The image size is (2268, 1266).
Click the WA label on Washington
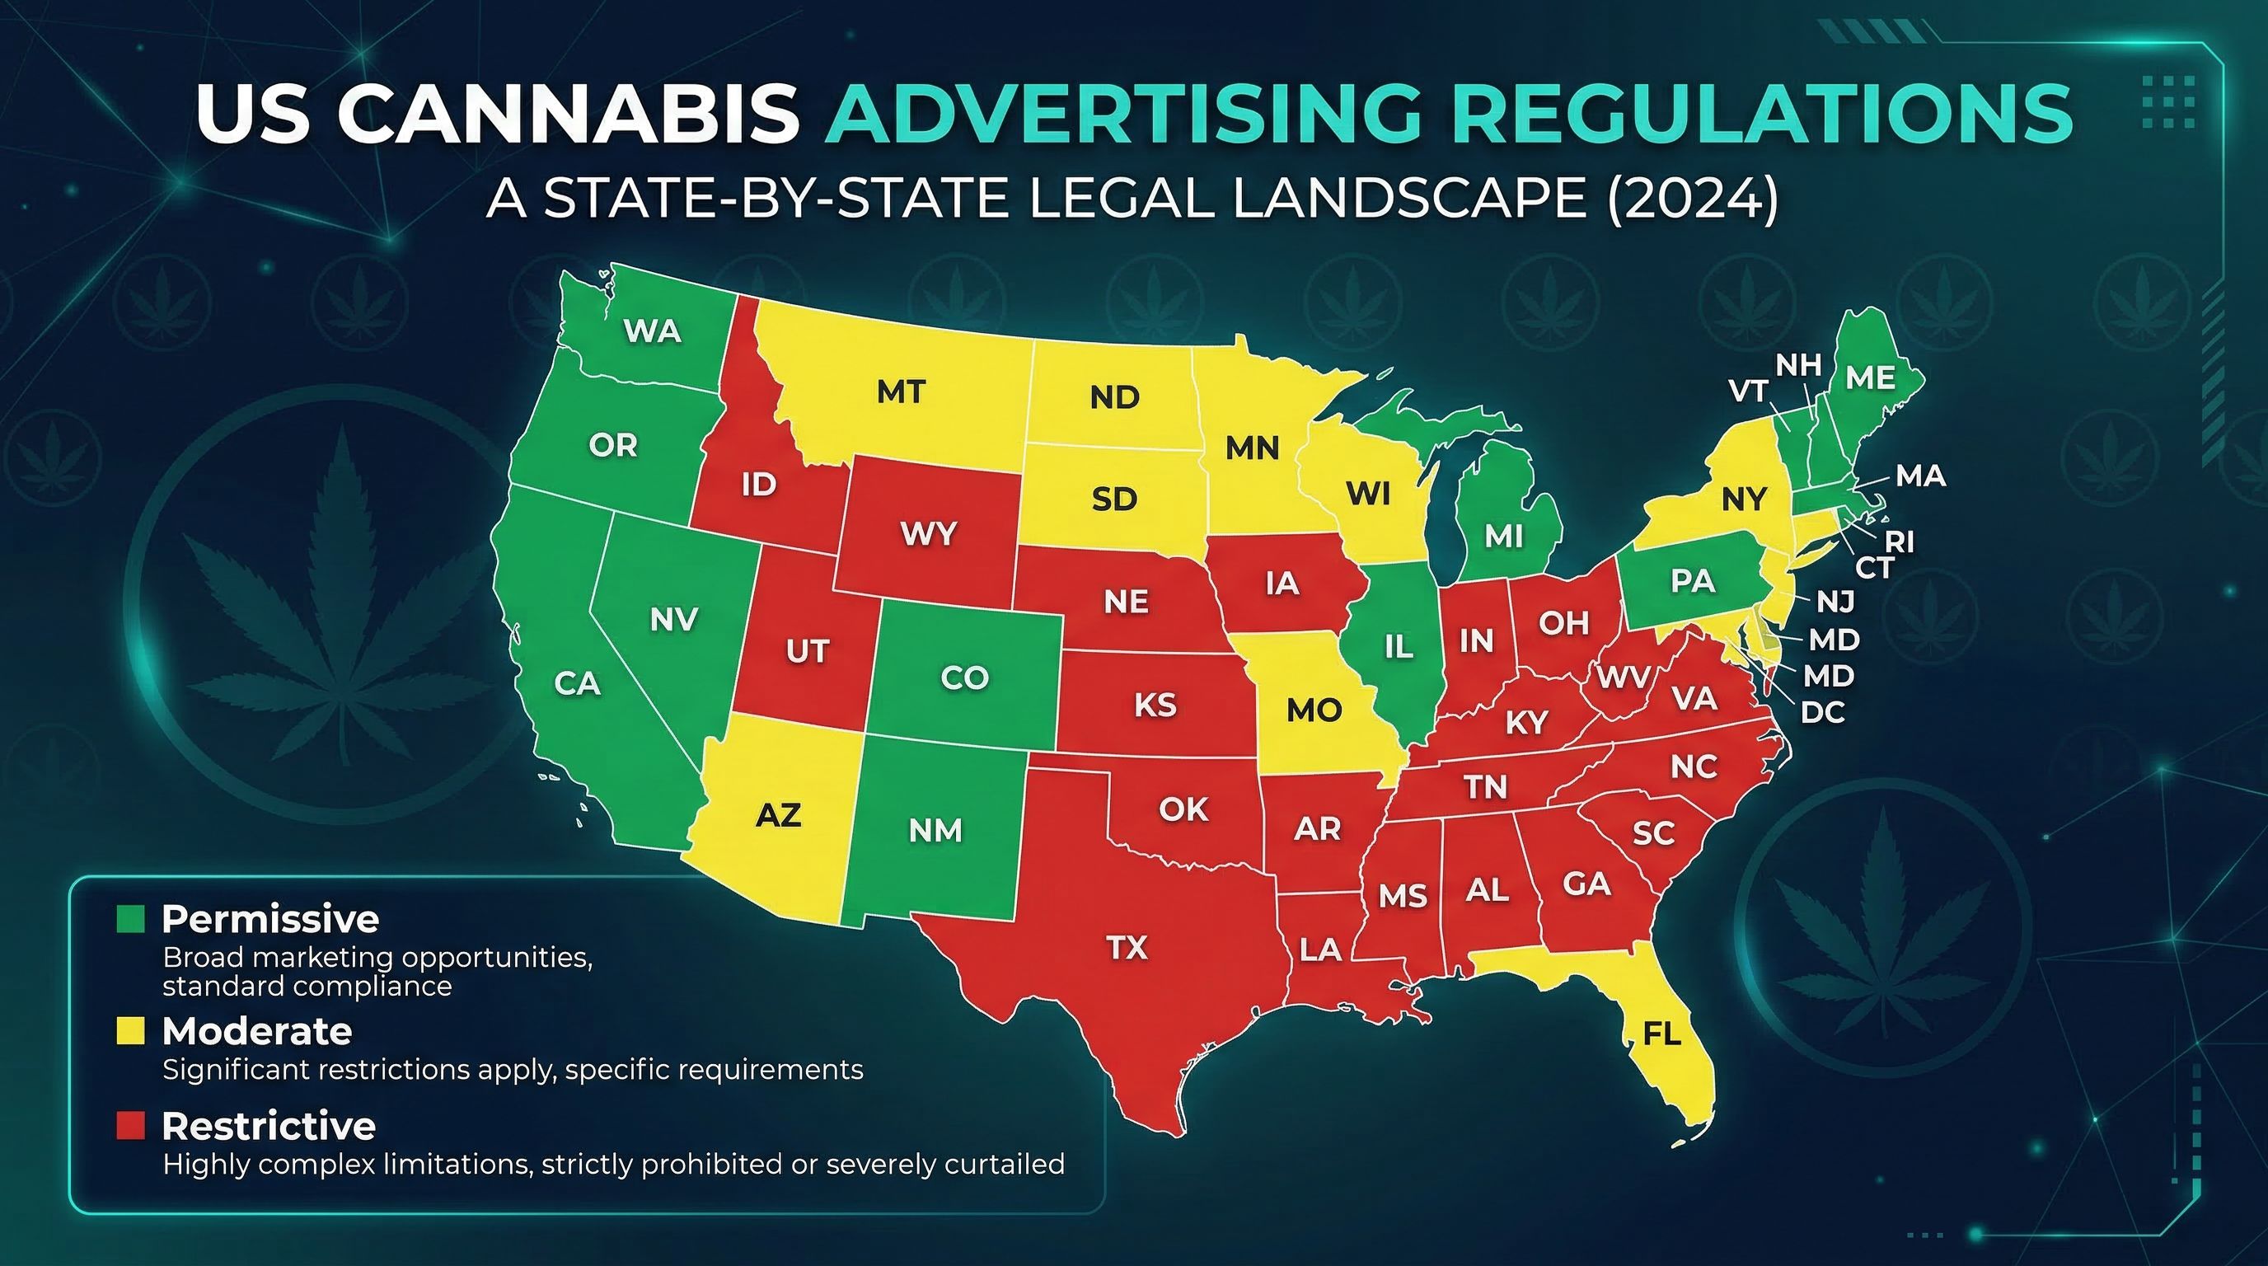pos(653,331)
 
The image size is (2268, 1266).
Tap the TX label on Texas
pos(1127,947)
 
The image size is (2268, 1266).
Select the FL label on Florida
pos(1662,1034)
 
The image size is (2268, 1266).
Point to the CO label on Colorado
pos(965,678)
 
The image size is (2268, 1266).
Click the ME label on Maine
pos(1870,377)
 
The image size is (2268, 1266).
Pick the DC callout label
pos(1822,712)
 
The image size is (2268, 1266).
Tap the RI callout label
pos(1899,542)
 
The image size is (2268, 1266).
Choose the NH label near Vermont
pos(1798,364)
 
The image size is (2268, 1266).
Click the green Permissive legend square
pos(130,919)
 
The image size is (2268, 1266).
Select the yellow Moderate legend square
pos(130,1031)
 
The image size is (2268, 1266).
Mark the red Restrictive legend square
pos(130,1126)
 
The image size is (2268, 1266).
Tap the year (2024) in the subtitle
pos(1691,199)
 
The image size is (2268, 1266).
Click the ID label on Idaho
pos(758,484)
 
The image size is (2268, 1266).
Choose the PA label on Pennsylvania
pos(1692,581)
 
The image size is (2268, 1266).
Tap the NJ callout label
pos(1835,603)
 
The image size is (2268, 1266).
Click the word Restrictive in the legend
pos(269,1126)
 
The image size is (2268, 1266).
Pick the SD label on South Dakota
pos(1114,499)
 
